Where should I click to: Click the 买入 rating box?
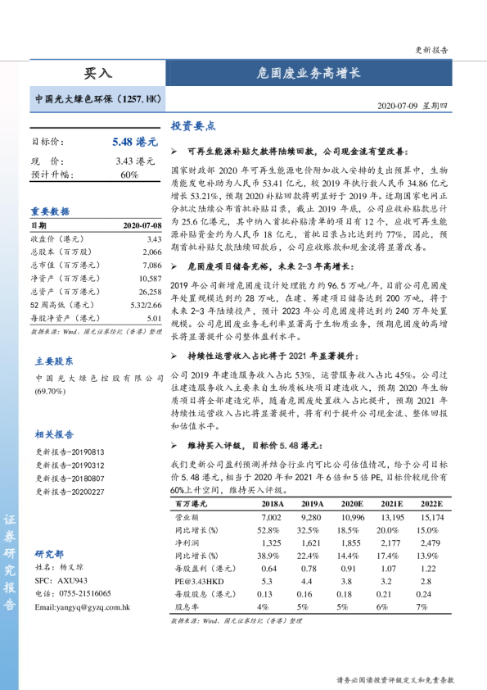[x=97, y=73]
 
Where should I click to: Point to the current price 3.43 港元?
[x=135, y=161]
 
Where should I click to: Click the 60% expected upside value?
[x=129, y=175]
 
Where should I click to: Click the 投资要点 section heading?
[x=193, y=126]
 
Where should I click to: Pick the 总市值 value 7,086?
[x=151, y=266]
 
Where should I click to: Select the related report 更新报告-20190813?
[x=70, y=452]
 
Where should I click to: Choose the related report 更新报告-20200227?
[x=70, y=492]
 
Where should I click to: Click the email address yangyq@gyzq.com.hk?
[x=82, y=607]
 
